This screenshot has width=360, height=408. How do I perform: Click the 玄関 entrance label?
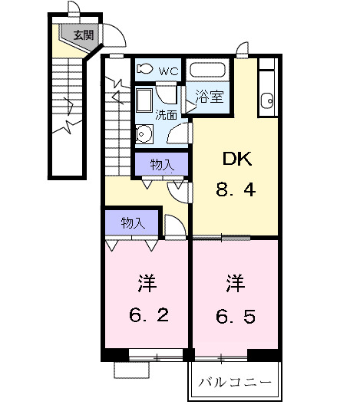[83, 35]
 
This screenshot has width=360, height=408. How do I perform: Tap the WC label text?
[169, 71]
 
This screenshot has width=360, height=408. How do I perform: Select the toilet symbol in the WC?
[145, 68]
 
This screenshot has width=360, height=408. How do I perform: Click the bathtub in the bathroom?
[208, 70]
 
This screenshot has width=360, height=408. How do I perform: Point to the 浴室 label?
[210, 97]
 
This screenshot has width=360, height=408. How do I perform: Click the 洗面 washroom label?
[167, 115]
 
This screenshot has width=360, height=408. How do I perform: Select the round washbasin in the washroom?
[144, 133]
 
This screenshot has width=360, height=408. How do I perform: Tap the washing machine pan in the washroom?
[144, 100]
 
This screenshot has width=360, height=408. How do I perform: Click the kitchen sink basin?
[267, 100]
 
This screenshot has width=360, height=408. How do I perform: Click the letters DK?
[237, 159]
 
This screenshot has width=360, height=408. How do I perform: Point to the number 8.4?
[236, 189]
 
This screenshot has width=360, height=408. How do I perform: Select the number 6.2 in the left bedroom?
[149, 315]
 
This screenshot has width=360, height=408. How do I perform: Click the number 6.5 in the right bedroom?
[236, 317]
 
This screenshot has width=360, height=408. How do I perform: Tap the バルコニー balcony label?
[235, 383]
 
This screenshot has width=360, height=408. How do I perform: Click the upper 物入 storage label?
[162, 164]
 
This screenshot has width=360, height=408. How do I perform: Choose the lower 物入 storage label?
[133, 222]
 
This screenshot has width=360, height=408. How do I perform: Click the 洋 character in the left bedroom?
[147, 283]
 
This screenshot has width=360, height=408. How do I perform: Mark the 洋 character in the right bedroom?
[236, 283]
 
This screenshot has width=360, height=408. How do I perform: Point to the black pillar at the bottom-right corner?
[264, 355]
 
